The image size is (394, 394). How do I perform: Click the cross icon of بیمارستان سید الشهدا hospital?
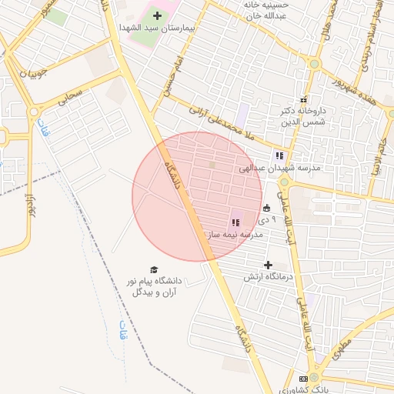158,15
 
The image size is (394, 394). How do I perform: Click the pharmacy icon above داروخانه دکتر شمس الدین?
303,100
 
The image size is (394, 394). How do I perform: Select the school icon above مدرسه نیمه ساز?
235,222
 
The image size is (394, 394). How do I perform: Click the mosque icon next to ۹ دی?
267,207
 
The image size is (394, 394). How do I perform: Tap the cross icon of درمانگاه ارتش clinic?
268,265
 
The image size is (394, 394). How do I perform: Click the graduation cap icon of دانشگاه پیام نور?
154,270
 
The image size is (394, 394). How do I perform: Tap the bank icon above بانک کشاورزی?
303,379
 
